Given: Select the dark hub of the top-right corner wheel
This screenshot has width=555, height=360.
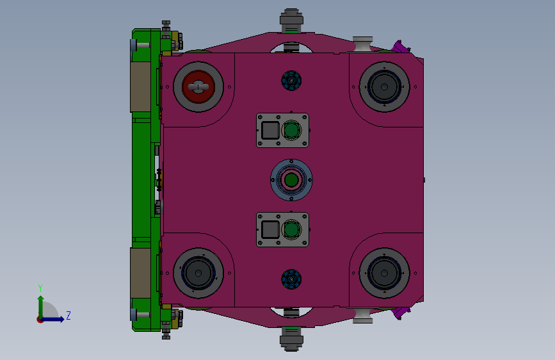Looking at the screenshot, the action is click(x=384, y=87).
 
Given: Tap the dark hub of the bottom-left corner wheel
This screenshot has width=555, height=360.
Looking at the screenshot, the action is click(x=198, y=273).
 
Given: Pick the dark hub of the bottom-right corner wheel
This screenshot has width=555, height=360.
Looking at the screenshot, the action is click(x=384, y=273).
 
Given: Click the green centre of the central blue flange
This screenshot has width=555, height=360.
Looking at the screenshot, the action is click(x=291, y=179).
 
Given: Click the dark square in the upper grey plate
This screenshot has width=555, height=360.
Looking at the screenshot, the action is click(x=270, y=130).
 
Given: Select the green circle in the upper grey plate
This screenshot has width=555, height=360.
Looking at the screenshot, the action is click(x=291, y=130).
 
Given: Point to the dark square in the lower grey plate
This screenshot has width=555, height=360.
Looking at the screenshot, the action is click(x=270, y=229).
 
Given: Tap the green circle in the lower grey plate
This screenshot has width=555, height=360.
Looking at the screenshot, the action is click(x=291, y=229).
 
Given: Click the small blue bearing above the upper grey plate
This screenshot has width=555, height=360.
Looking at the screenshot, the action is click(x=291, y=81).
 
